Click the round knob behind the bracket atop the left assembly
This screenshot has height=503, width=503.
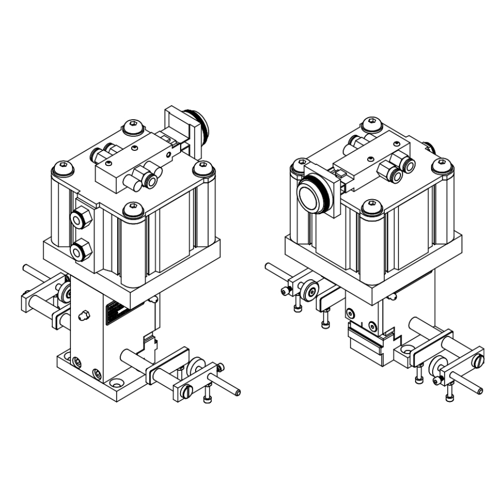click(200, 126)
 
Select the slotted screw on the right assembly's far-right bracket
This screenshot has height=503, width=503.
click(478, 360)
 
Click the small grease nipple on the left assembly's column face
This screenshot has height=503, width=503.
click(85, 316)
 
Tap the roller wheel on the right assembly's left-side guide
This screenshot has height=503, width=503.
click(309, 289)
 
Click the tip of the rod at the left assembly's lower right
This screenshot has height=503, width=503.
click(237, 392)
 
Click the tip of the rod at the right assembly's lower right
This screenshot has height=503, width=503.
click(480, 391)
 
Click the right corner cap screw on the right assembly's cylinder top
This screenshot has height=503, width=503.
click(442, 165)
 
